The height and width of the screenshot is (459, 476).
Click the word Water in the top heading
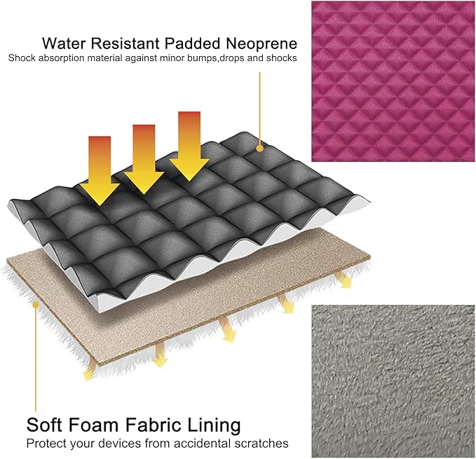pos(64,43)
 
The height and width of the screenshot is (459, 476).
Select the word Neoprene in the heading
pos(261,43)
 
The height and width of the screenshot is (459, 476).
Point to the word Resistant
pos(125,43)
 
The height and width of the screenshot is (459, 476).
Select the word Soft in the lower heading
pos(43,425)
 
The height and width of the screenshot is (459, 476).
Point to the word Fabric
pos(152,425)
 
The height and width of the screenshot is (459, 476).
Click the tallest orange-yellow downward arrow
pos(189,146)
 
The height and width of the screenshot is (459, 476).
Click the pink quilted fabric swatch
pos(393,81)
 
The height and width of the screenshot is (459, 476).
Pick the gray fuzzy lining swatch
pos(393,381)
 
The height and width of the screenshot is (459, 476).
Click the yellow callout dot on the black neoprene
pos(259,149)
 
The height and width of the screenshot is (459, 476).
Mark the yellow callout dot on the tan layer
pos(36,304)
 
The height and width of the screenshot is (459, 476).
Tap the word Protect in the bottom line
pos(46,444)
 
